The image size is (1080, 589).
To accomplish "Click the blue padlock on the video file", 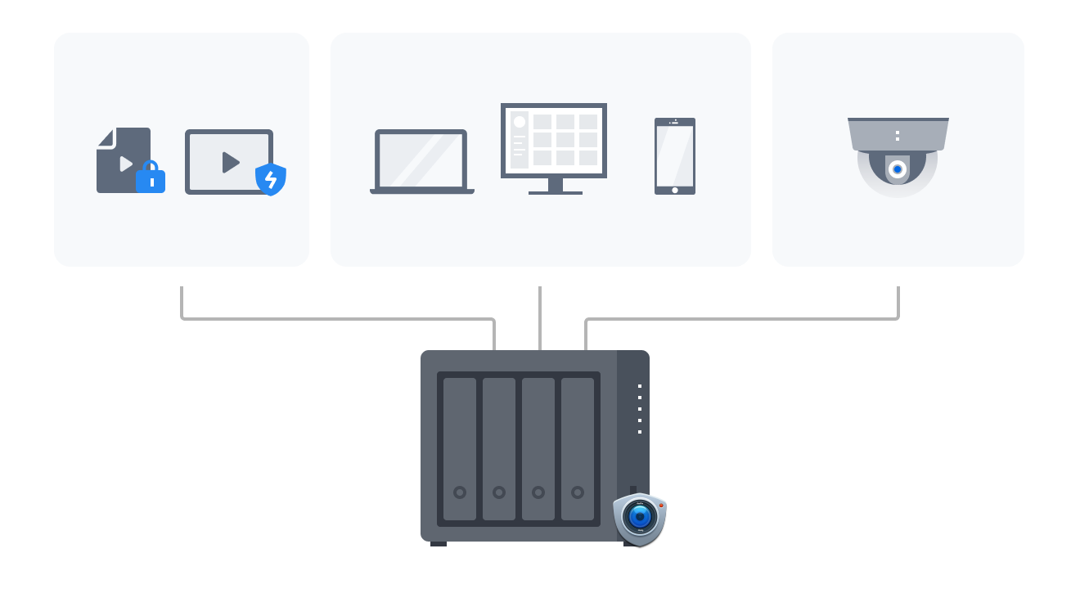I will pyautogui.click(x=151, y=178).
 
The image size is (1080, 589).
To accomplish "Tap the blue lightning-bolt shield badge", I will pyautogui.click(x=271, y=179).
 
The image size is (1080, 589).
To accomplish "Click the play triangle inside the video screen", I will pyautogui.click(x=231, y=162).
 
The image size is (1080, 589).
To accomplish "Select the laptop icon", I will pyautogui.click(x=421, y=161).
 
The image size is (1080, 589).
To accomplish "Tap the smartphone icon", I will pyautogui.click(x=675, y=156).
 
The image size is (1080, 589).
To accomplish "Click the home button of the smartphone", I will pyautogui.click(x=675, y=190).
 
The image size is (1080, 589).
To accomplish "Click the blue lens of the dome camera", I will pyautogui.click(x=898, y=169).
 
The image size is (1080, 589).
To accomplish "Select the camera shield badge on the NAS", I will pyautogui.click(x=640, y=518).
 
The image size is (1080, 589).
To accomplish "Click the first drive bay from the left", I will pyautogui.click(x=460, y=448).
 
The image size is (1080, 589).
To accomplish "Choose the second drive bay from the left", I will pyautogui.click(x=499, y=448).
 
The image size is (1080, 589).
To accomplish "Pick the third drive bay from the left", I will pyautogui.click(x=538, y=448).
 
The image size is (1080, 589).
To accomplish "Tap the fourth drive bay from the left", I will pyautogui.click(x=578, y=448).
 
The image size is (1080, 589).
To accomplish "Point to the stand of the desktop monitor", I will pyautogui.click(x=556, y=187).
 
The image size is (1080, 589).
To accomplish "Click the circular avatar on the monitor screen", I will pyautogui.click(x=519, y=122).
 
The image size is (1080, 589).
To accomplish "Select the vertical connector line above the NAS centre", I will pyautogui.click(x=540, y=317).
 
